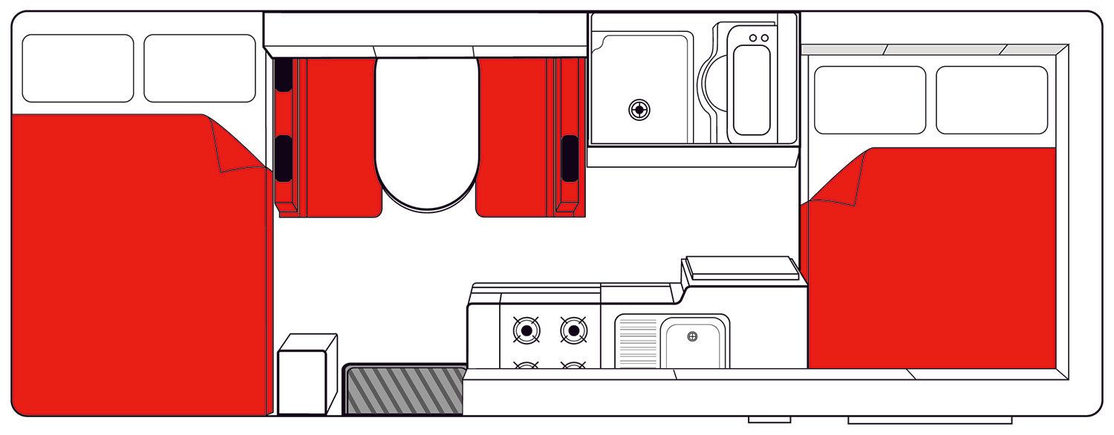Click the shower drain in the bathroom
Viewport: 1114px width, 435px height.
tap(639, 110)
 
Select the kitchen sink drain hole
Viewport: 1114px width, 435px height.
tap(692, 336)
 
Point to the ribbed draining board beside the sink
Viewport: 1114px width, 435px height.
tap(637, 342)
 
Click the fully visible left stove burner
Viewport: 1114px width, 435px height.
tap(527, 330)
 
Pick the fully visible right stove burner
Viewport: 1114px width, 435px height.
tap(573, 330)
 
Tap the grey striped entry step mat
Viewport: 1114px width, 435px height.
tap(405, 390)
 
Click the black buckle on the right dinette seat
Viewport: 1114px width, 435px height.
tap(569, 157)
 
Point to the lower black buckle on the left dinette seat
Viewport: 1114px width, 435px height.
tap(283, 157)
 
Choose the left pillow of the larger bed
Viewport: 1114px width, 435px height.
tap(78, 68)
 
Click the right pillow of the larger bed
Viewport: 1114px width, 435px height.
tap(199, 68)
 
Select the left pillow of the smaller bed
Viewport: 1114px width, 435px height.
tap(870, 99)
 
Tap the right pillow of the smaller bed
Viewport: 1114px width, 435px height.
tap(991, 99)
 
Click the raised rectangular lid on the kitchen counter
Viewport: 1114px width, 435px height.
tap(740, 268)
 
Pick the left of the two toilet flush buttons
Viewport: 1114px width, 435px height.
tap(753, 38)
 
